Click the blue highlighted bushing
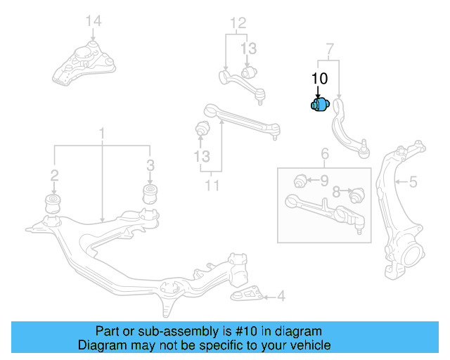tap(320, 105)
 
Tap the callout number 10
tap(319, 78)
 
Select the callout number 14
tap(94, 21)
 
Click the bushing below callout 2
tap(53, 202)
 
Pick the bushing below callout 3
tap(150, 193)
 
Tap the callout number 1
tap(101, 133)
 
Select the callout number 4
tap(281, 297)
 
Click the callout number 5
tap(413, 182)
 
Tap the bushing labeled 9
tap(300, 181)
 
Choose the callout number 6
tap(325, 154)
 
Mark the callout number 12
tap(238, 24)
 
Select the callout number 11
tap(212, 186)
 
